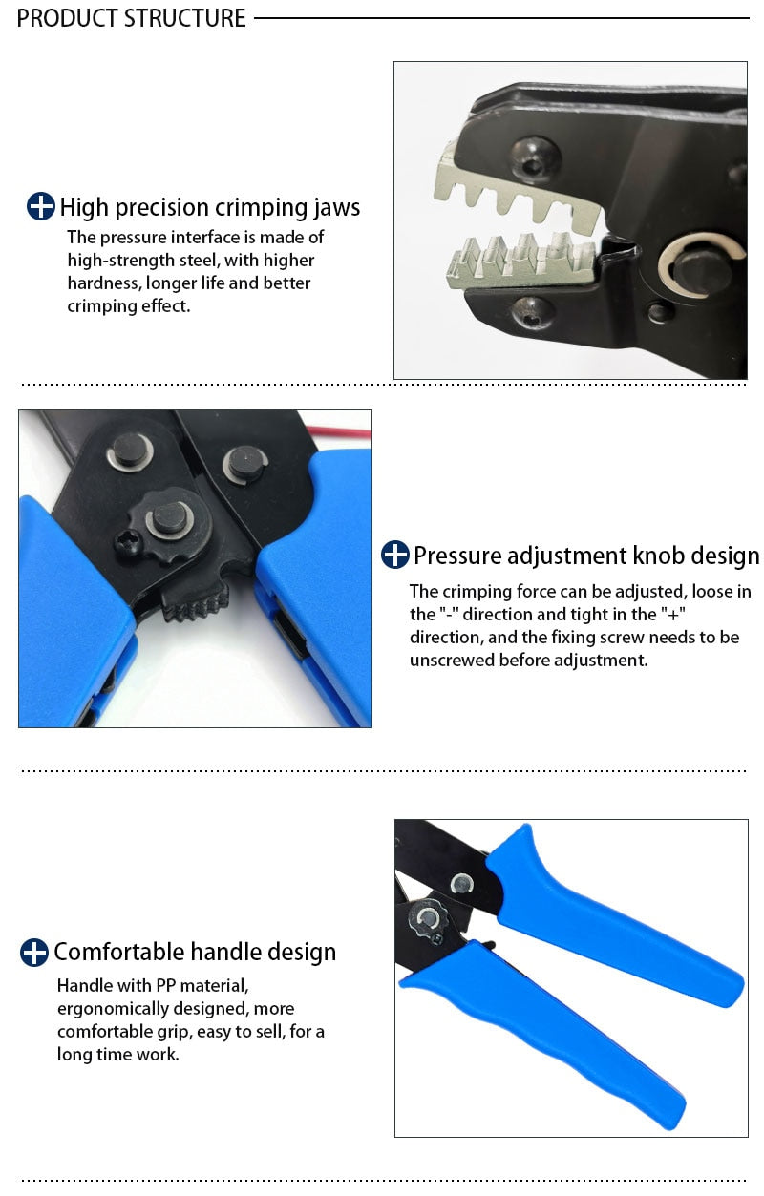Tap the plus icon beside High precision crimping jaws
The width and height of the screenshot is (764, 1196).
pos(40,206)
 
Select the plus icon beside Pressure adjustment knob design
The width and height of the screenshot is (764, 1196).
pos(394,555)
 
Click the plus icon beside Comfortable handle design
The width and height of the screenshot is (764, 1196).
pos(34,952)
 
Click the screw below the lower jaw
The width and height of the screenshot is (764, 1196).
pos(532,310)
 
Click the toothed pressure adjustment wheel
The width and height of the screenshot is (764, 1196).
pos(196,598)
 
